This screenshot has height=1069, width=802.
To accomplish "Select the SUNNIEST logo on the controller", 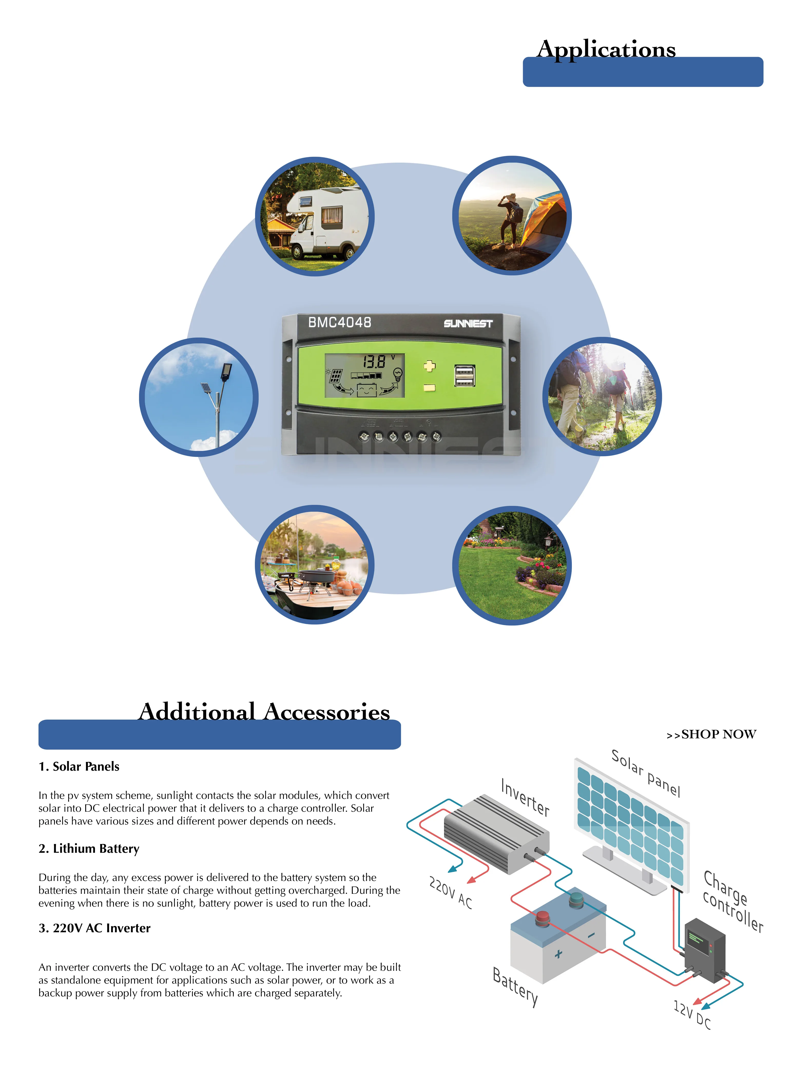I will point(468,323).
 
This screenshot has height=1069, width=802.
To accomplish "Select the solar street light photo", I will point(199,397).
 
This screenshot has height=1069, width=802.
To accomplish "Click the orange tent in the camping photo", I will point(546,220).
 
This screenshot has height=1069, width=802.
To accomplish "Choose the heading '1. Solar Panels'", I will point(79,767).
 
